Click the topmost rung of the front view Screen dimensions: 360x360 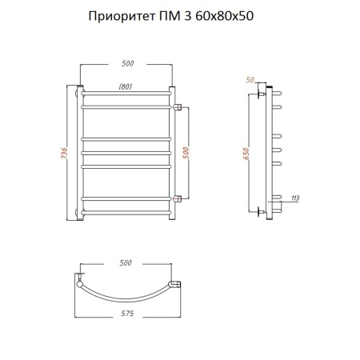(126, 94)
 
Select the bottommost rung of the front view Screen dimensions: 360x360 (126, 211)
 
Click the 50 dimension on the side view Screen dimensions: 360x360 (250, 80)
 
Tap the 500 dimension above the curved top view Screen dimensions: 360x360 (126, 263)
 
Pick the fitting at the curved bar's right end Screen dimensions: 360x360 (178, 282)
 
